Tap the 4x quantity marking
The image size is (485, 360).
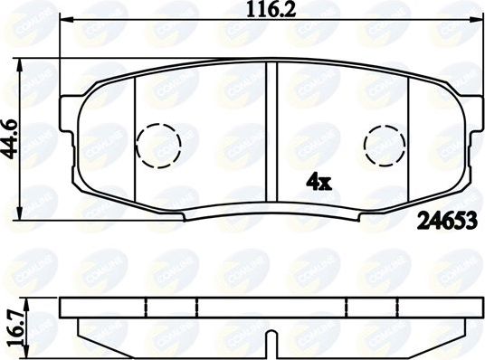point(319,182)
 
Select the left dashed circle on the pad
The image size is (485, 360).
point(157,143)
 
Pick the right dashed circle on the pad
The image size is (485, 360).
point(385,143)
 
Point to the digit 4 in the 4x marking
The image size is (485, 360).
point(313,182)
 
